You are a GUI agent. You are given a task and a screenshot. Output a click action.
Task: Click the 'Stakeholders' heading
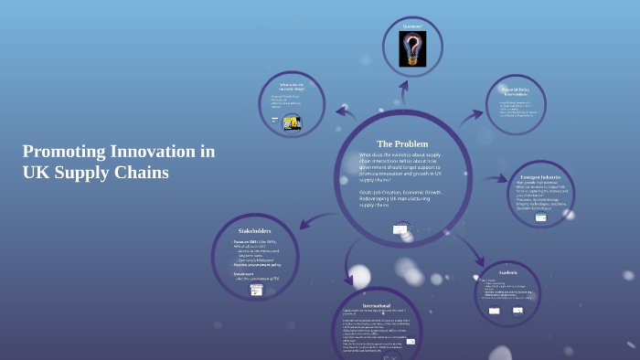[x=255, y=230]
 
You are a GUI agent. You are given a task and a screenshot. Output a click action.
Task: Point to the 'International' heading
[x=378, y=304]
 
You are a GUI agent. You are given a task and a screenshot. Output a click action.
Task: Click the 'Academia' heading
[x=507, y=272]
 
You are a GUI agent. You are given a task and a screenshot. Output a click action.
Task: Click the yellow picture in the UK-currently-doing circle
[x=293, y=122]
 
